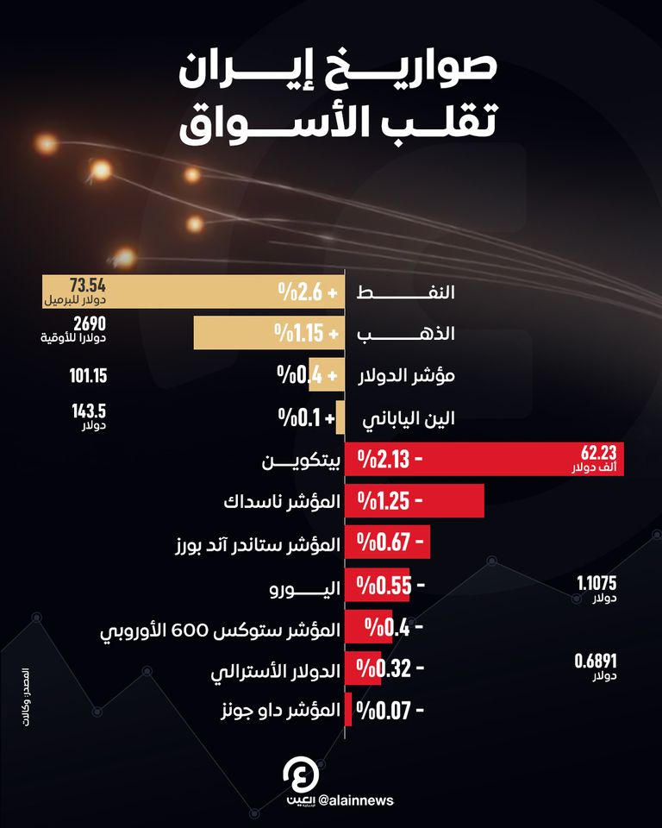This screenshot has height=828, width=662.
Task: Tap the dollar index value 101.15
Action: click(88, 375)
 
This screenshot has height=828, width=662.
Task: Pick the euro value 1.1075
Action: click(596, 583)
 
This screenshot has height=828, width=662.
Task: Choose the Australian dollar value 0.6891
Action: click(596, 662)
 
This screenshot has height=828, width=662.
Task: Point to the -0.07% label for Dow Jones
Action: click(390, 712)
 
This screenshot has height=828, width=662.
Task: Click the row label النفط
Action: click(416, 292)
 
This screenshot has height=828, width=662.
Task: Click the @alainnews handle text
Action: click(355, 800)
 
